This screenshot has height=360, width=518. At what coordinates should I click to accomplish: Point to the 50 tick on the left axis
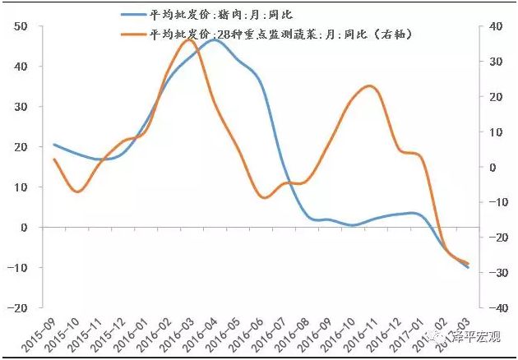click(x=21, y=26)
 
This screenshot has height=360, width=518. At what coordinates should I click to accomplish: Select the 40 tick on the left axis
click(x=21, y=67)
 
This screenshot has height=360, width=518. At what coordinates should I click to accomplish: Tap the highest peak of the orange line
click(x=185, y=39)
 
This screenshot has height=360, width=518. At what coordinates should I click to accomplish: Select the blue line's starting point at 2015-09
click(x=54, y=145)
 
